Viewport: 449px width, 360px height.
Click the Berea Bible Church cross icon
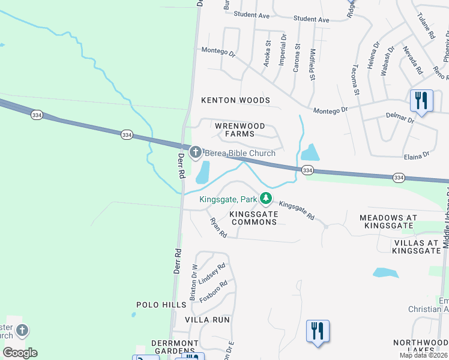[x=196, y=152]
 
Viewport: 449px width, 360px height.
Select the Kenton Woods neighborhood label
[x=235, y=100]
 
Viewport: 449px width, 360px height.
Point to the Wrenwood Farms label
[x=240, y=130]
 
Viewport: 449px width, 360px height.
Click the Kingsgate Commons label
[x=254, y=218]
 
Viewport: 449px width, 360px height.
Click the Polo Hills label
[x=161, y=305]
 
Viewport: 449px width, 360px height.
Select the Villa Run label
[x=207, y=320]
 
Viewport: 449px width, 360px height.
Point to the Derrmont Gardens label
[x=175, y=347]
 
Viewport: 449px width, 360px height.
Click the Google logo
[x=20, y=353]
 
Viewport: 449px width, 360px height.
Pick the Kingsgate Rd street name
[x=297, y=210]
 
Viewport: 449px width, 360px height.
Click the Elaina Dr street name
[x=417, y=154]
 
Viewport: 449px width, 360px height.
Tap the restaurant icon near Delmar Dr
[x=421, y=100]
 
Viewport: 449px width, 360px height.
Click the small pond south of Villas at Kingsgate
[x=385, y=272]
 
